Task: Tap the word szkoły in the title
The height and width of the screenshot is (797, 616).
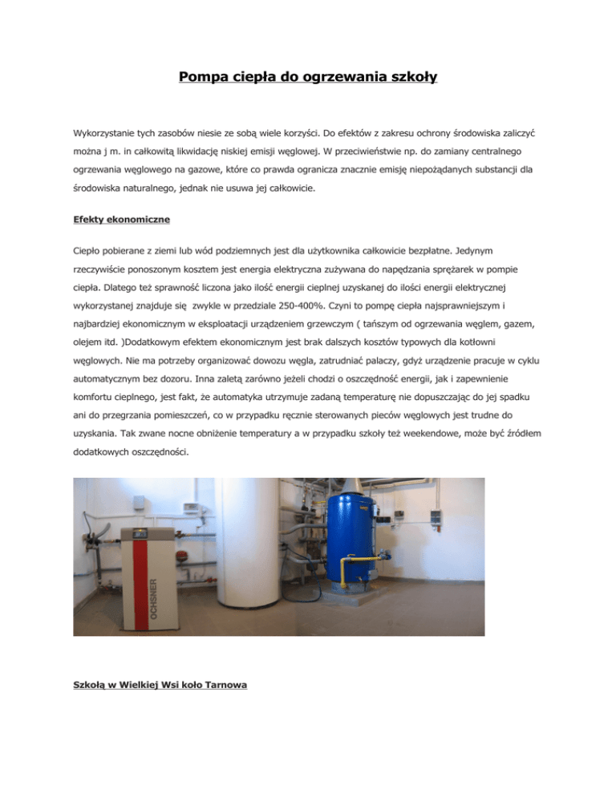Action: point(406,79)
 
